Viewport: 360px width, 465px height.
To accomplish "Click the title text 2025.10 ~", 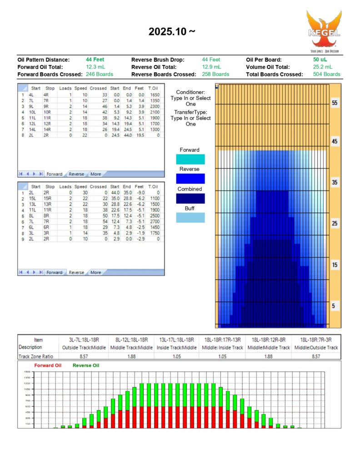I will (172, 32).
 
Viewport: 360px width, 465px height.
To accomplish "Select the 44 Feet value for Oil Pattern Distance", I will (95, 59).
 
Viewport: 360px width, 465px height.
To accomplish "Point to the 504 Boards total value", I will (326, 74).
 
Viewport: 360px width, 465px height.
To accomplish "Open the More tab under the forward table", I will (95, 174).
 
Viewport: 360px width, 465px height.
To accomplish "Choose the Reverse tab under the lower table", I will (76, 272).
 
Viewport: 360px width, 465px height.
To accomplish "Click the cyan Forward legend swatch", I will (190, 159).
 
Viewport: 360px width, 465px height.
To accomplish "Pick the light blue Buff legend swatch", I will (190, 218).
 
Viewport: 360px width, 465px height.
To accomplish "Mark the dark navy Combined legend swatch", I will (190, 198).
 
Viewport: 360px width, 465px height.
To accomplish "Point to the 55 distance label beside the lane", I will (334, 103).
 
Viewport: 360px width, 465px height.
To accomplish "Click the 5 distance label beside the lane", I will (334, 306).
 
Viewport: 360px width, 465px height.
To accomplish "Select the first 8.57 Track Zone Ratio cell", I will (83, 356).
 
